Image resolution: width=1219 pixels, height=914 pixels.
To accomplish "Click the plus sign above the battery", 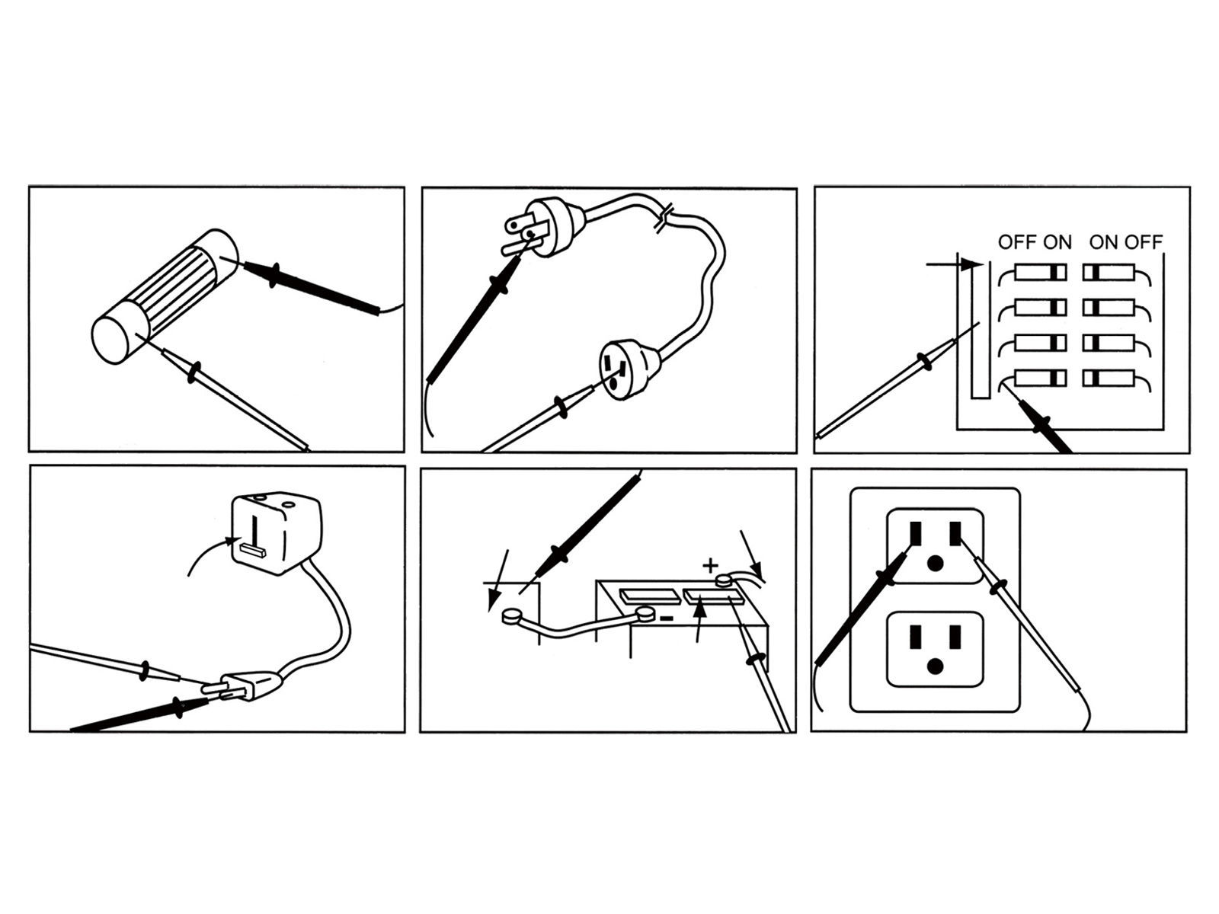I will [709, 565].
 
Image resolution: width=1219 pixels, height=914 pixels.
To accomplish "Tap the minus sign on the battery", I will [666, 618].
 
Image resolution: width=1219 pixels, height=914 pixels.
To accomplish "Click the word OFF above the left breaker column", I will [1016, 242].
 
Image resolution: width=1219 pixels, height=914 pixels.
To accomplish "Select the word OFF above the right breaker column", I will [1145, 242].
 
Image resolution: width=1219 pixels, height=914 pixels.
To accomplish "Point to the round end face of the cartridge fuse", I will [112, 338].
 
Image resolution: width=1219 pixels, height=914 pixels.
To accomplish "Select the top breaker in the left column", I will [1041, 272].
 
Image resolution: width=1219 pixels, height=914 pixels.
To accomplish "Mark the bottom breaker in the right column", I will [1108, 378].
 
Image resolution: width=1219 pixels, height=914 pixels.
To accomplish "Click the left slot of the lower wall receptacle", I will [916, 635].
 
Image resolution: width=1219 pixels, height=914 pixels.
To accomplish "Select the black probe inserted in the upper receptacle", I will [861, 606].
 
